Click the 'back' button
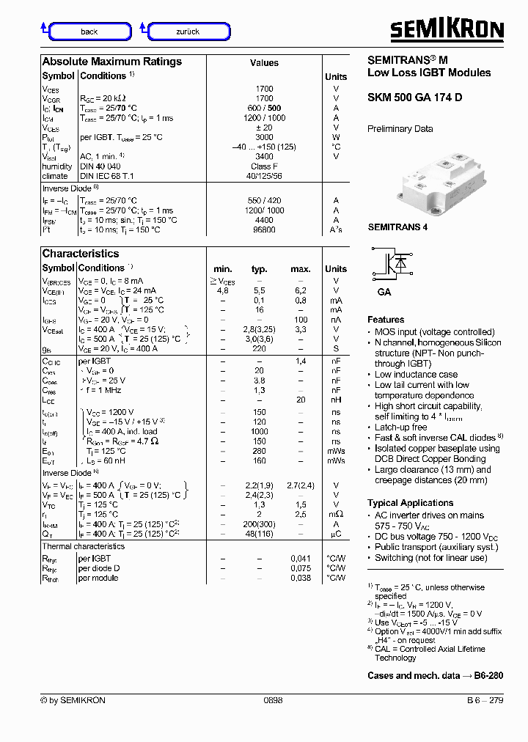89,32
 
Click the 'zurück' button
188,32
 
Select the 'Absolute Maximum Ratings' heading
111,62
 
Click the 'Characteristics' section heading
81,254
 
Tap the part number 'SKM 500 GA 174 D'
414,98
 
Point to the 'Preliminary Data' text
400,129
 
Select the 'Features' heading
386,320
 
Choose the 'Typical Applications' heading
410,503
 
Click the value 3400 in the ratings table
264,156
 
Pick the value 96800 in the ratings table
264,229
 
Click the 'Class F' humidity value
264,166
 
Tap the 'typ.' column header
259,269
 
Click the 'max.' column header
301,269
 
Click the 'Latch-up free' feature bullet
400,427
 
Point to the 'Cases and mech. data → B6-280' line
435,675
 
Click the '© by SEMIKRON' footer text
73,700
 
